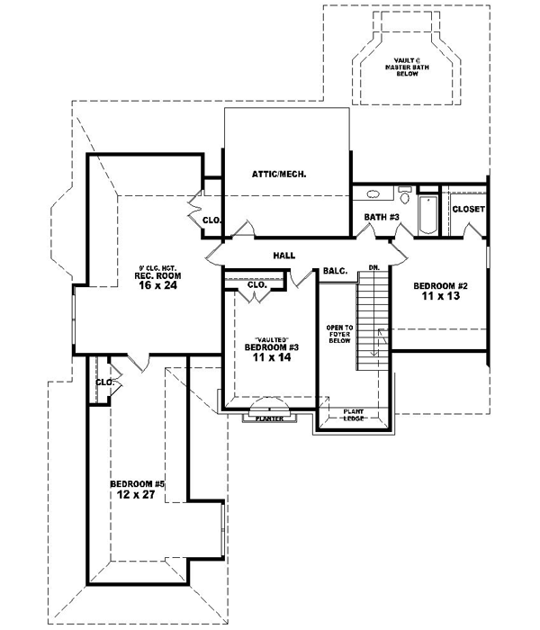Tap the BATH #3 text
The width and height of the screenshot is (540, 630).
click(x=382, y=217)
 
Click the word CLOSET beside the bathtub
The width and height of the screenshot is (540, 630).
click(x=468, y=209)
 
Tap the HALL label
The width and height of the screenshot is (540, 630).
click(x=284, y=256)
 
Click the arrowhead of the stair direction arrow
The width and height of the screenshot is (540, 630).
click(x=380, y=332)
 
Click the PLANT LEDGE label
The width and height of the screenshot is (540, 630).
click(x=353, y=415)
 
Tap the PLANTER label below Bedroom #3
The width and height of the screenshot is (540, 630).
click(x=270, y=418)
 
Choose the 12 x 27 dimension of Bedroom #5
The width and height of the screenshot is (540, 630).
click(x=130, y=493)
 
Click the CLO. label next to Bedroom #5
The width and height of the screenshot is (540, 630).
click(x=103, y=382)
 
